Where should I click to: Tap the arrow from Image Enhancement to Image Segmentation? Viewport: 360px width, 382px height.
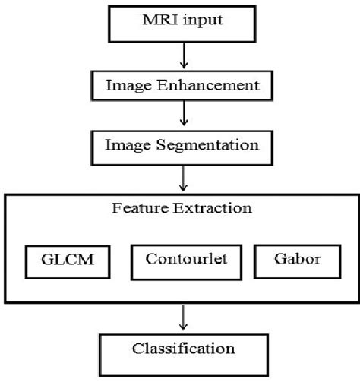coord(182,114)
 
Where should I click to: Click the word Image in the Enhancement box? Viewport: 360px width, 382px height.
coord(127,86)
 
